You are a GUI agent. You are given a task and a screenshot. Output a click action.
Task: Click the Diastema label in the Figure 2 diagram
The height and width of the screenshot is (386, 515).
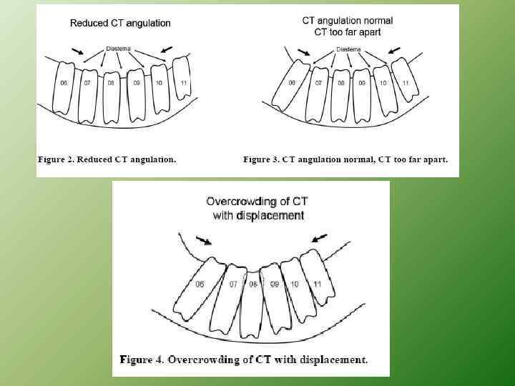(118, 48)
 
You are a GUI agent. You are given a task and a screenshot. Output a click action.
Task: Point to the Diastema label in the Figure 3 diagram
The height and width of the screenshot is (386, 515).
(348, 49)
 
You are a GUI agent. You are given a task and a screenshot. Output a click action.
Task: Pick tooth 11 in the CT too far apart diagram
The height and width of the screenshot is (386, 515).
(406, 84)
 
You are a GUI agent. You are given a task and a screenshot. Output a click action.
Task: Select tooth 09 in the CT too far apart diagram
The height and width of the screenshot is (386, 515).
(363, 89)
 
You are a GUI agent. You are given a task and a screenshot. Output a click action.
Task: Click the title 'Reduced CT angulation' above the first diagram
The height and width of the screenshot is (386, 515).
(120, 23)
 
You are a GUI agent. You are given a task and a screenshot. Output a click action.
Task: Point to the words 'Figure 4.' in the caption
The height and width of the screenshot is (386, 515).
(142, 360)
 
